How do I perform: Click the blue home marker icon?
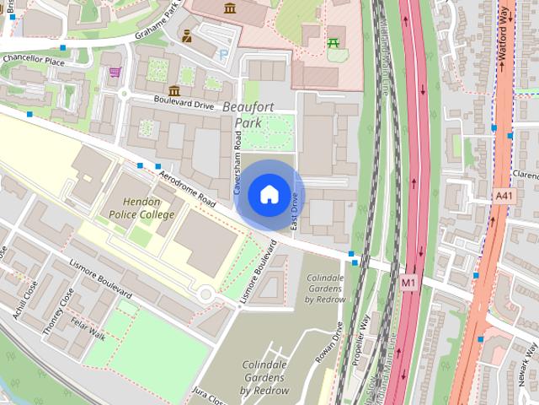(268, 195)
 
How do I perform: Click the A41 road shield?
(504, 196)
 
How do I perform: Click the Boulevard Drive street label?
(184, 101)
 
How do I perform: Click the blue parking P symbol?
(223, 54)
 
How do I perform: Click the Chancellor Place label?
(34, 62)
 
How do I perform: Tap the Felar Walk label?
(88, 327)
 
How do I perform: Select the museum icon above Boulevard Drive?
(174, 90)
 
